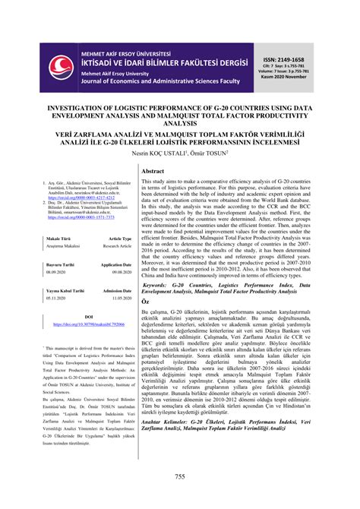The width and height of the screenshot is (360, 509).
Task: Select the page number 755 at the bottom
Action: point(179,476)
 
